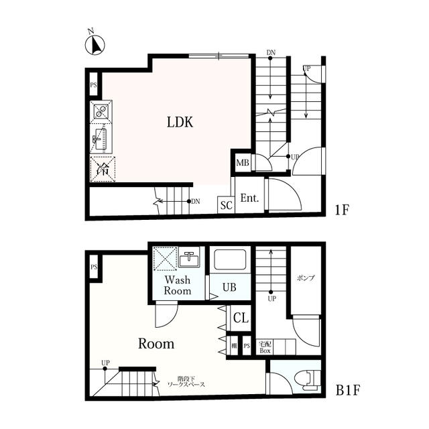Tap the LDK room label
180,122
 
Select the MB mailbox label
243,163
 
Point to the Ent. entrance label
249,198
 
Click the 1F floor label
343,208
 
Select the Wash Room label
178,286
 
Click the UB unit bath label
229,287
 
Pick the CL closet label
239,318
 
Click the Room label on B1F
156,344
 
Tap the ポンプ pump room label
305,277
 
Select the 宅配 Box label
265,347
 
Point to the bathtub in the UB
229,260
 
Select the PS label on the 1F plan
94,85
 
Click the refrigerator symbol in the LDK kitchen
103,170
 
